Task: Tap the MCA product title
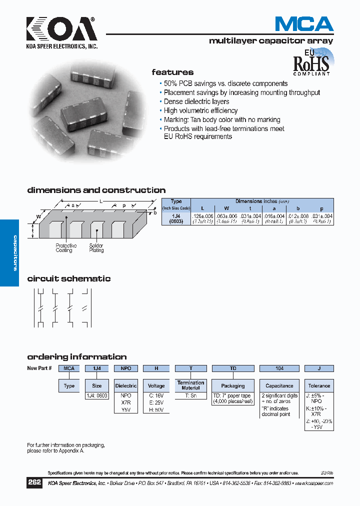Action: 304,24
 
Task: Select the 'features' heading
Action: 172,72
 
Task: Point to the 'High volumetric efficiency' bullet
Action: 200,110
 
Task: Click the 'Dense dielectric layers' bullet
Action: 196,101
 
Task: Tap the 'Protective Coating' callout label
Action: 66,248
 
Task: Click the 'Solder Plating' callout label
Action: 96,248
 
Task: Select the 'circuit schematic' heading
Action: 69,279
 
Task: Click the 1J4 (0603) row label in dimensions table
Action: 176,218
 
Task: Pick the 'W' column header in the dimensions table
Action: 226,208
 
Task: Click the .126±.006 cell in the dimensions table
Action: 202,215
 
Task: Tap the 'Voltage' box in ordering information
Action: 156,386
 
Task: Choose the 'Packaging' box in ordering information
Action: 233,386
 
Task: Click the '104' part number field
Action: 279,368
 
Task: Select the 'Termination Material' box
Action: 190,385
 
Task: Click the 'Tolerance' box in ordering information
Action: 319,386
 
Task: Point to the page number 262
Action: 35,483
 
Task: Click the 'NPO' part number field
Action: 126,368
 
